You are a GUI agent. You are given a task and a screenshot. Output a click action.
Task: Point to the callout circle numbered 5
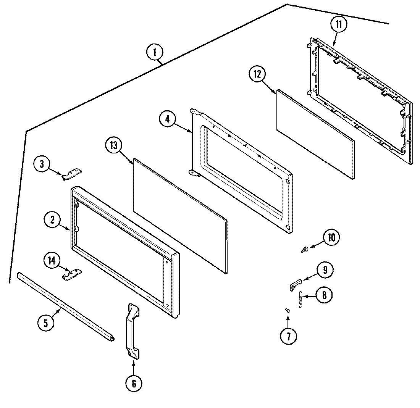point(46,323)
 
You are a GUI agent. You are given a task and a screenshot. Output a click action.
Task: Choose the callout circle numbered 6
point(134,383)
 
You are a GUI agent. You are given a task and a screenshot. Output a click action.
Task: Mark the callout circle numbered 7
point(288,336)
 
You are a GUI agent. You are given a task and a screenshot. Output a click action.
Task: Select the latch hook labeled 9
point(294,284)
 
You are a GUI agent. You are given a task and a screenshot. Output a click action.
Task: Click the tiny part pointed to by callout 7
point(288,310)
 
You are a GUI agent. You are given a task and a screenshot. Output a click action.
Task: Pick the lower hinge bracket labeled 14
point(72,274)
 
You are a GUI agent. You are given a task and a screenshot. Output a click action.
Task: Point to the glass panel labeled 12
point(315,135)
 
